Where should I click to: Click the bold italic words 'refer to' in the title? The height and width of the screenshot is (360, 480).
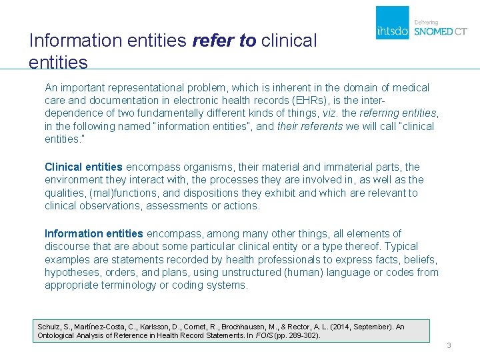[x=223, y=41]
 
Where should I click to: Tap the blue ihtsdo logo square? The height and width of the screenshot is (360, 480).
[x=393, y=23]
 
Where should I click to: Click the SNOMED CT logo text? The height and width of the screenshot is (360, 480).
[x=441, y=31]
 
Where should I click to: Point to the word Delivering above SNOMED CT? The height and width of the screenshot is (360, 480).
[x=427, y=21]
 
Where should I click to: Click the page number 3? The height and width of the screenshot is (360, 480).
[x=449, y=345]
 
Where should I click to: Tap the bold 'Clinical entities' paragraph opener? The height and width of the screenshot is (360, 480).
[x=83, y=167]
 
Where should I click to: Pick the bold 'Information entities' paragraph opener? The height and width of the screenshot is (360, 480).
[x=93, y=233]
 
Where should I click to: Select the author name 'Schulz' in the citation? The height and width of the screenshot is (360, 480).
[x=49, y=327]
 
